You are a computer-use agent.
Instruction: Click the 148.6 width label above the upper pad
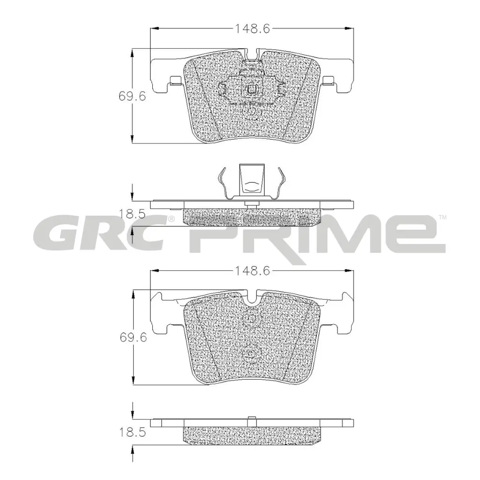click(252, 29)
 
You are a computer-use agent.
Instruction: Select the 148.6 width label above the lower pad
click(252, 270)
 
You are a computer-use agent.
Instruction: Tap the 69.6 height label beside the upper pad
click(133, 96)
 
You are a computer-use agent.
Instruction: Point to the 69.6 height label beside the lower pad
click(133, 337)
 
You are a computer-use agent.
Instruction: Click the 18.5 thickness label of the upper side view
click(132, 214)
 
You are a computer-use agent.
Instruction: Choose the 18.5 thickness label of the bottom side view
click(133, 433)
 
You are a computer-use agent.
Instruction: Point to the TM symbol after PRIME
click(442, 217)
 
